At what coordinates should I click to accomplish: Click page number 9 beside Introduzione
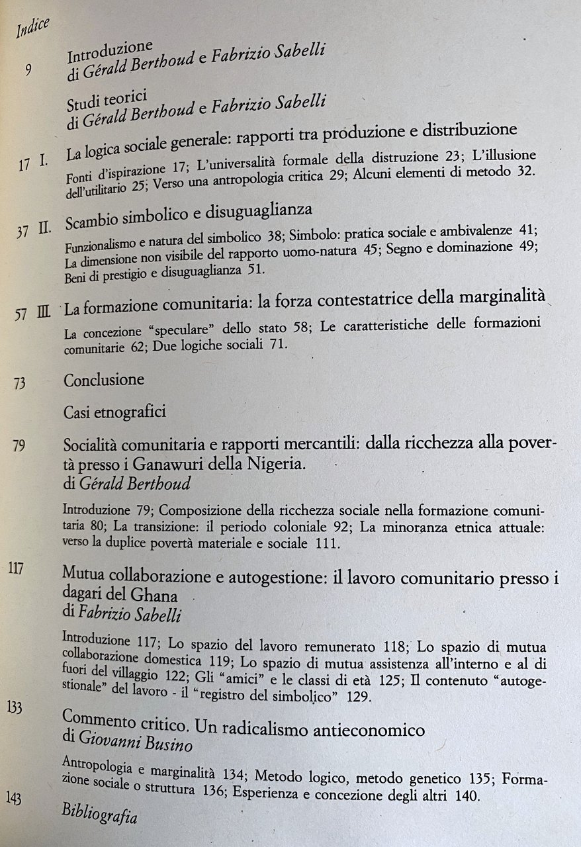(28, 69)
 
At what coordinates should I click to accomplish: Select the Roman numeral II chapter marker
(45, 231)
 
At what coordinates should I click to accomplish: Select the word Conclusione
(104, 380)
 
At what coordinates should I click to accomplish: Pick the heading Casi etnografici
(114, 412)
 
